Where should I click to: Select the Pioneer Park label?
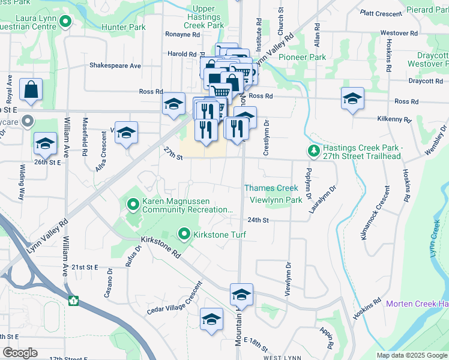tap(303, 58)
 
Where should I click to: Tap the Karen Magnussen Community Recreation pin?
tap(133, 206)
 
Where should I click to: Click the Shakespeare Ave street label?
tap(115, 65)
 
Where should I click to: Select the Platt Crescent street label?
tap(381, 13)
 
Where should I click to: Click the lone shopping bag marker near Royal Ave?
tap(31, 90)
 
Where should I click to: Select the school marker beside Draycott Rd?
tap(352, 98)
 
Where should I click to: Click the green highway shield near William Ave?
tap(73, 301)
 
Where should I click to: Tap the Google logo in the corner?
tap(20, 353)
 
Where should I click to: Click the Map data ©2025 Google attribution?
tap(411, 355)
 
